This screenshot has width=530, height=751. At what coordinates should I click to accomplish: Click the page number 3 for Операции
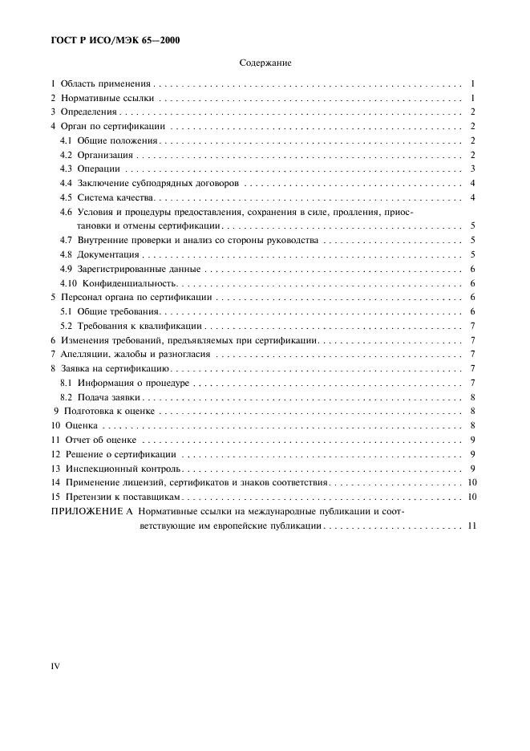click(x=474, y=169)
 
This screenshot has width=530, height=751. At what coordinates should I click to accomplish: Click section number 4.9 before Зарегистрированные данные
click(x=67, y=270)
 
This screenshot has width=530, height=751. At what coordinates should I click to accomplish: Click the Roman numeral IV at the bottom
click(x=55, y=665)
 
